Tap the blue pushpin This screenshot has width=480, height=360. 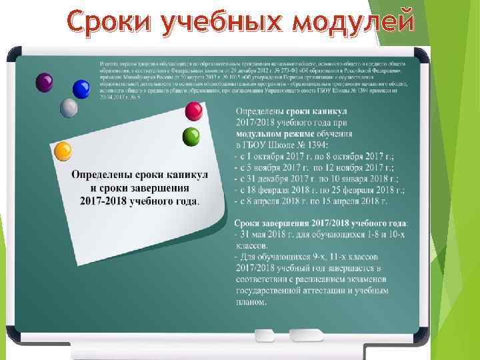pos(82,89)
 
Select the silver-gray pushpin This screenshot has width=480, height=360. pos(69,107)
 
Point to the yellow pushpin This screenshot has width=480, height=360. pos(63,151)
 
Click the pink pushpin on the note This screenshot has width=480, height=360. pos(194,110)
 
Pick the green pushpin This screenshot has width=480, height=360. pos(191,136)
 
